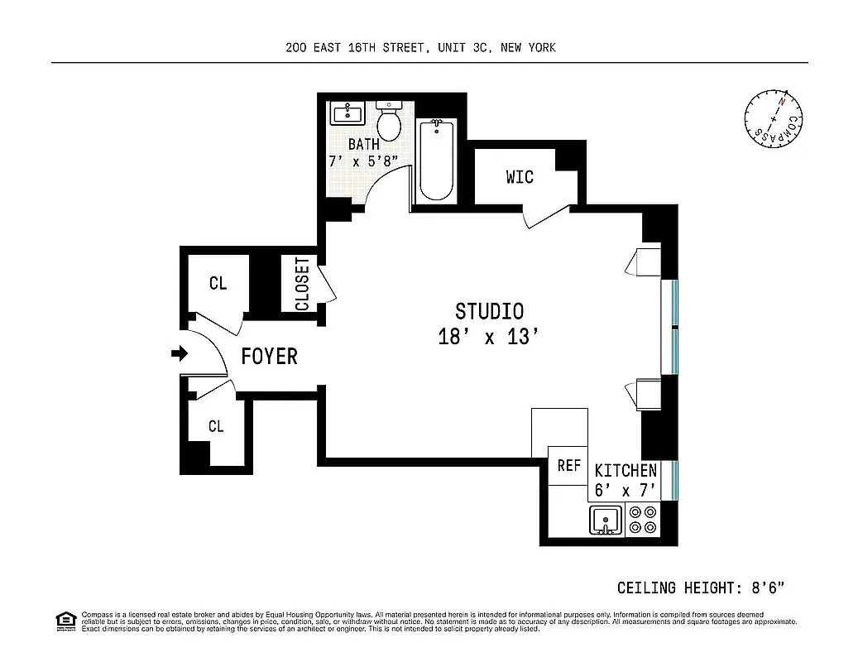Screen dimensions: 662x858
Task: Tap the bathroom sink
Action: pyautogui.click(x=349, y=113)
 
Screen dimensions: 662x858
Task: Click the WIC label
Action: pyautogui.click(x=520, y=176)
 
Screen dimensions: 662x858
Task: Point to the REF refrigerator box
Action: pyautogui.click(x=568, y=465)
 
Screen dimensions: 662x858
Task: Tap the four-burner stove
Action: pyautogui.click(x=642, y=520)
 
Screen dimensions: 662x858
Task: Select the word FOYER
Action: pyautogui.click(x=269, y=357)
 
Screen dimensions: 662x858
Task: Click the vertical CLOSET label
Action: pyautogui.click(x=302, y=284)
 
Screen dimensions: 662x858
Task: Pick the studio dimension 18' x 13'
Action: pyautogui.click(x=489, y=338)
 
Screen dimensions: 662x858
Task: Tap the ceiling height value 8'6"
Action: pyautogui.click(x=767, y=588)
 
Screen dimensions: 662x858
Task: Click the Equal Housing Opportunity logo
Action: pyautogui.click(x=65, y=620)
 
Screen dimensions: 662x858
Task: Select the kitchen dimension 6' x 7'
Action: pyautogui.click(x=626, y=490)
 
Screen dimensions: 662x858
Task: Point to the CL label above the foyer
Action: pyautogui.click(x=218, y=284)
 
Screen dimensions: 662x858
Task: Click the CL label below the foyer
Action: pyautogui.click(x=216, y=427)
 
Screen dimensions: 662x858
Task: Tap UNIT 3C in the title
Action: pyautogui.click(x=463, y=47)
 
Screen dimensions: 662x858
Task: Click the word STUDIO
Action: pyautogui.click(x=489, y=311)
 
